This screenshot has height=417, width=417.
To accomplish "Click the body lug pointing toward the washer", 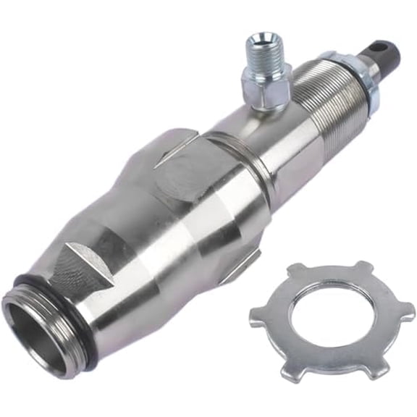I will (x=243, y=267).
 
